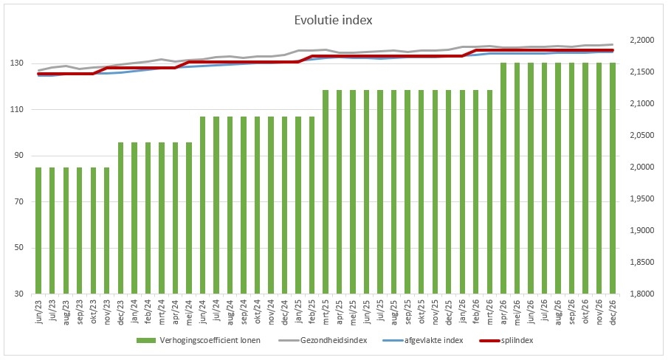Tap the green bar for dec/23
[x=121, y=218]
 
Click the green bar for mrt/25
[x=326, y=192]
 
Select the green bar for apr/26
[x=503, y=178]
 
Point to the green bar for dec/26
[x=613, y=178]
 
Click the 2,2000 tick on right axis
[x=639, y=40]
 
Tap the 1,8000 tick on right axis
[x=639, y=294]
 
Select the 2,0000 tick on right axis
[x=639, y=167]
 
